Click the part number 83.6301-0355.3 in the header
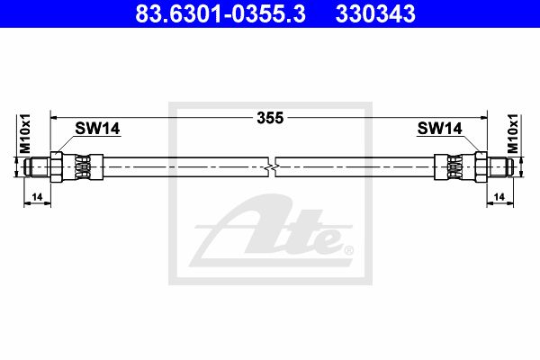[x=220, y=13]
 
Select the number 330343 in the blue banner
[x=375, y=13]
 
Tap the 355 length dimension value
[x=270, y=118]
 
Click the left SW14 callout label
[x=97, y=129]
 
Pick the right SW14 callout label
[x=439, y=129]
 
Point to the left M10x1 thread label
[x=25, y=134]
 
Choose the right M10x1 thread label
[x=513, y=134]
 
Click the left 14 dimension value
[x=37, y=197]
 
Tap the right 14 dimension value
[x=499, y=197]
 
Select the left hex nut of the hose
[x=56, y=167]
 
